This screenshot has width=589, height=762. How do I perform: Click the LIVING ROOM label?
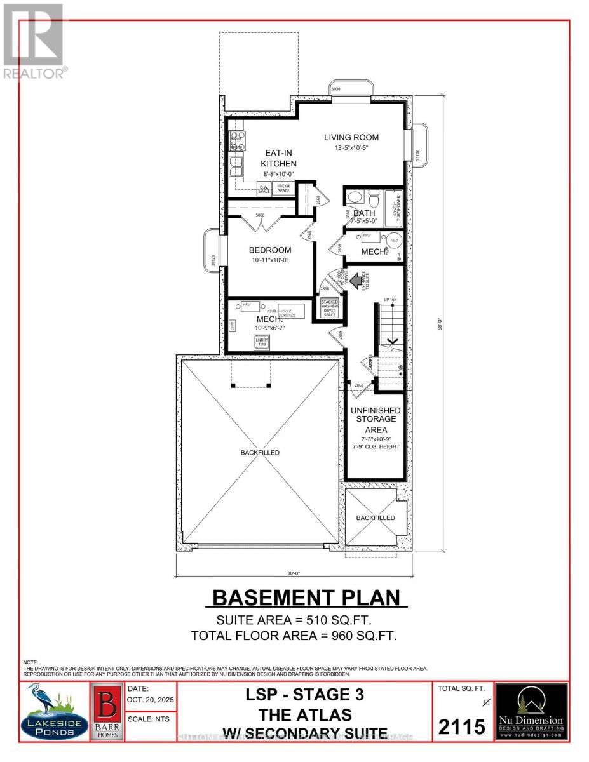pos(351,137)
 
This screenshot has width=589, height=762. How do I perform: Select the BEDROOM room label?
pos(270,250)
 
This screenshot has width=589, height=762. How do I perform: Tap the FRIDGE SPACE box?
pos(283,188)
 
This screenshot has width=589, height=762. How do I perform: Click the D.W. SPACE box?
pos(264,189)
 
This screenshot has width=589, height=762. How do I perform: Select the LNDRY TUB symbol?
pos(262,342)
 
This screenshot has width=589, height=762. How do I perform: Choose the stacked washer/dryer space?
pos(330,308)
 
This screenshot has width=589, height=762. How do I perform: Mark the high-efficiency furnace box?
pos(291,311)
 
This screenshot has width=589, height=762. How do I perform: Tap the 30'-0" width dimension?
pos(293,573)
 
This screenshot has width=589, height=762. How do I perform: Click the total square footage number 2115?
pos(462,726)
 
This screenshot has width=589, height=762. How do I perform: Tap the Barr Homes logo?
pos(107,711)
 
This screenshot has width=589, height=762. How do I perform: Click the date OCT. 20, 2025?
pos(151,698)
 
